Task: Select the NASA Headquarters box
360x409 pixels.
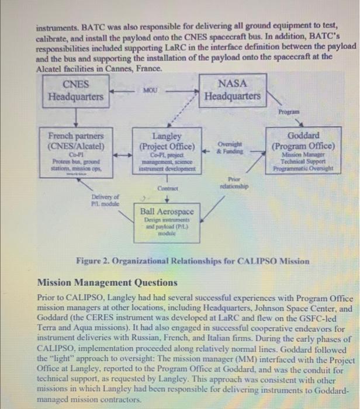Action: [x=231, y=91]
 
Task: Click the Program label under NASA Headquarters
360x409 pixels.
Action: [x=289, y=111]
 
